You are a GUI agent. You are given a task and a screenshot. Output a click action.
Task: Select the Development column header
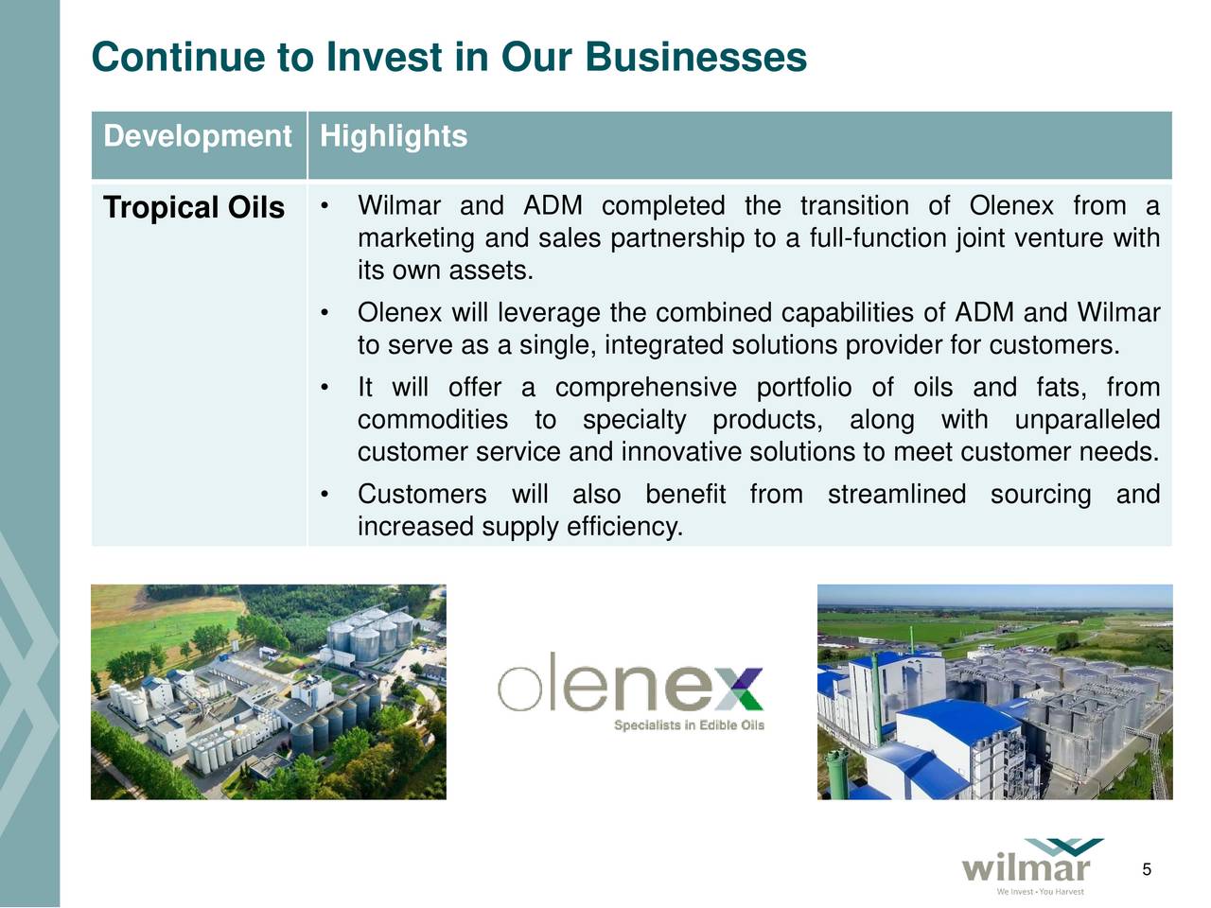[x=197, y=136]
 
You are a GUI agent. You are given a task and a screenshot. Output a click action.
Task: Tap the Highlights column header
[x=394, y=136]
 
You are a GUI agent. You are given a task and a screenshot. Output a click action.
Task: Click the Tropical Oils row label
[x=194, y=207]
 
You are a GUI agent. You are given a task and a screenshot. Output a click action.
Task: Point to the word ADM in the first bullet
[x=553, y=205]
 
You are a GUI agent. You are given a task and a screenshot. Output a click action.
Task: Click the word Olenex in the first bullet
[x=1010, y=205]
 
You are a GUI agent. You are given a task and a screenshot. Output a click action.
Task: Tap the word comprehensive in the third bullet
[x=645, y=387]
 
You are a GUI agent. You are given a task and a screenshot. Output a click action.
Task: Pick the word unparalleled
[x=1086, y=419]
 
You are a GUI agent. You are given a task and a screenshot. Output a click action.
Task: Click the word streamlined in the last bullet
[x=896, y=494]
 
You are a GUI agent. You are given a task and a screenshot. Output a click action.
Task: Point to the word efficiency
[x=624, y=526]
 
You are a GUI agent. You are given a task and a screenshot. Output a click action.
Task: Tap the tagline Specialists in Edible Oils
[x=689, y=725]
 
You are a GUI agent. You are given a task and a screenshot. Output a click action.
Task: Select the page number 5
[x=1146, y=870]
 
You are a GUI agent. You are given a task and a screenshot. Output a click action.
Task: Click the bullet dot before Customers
[x=325, y=494]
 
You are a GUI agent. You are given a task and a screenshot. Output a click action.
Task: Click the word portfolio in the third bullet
[x=804, y=387]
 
